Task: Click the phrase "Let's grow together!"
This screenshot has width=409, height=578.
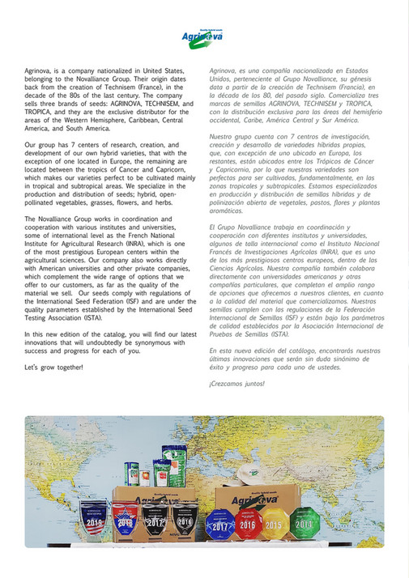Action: click(53, 368)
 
